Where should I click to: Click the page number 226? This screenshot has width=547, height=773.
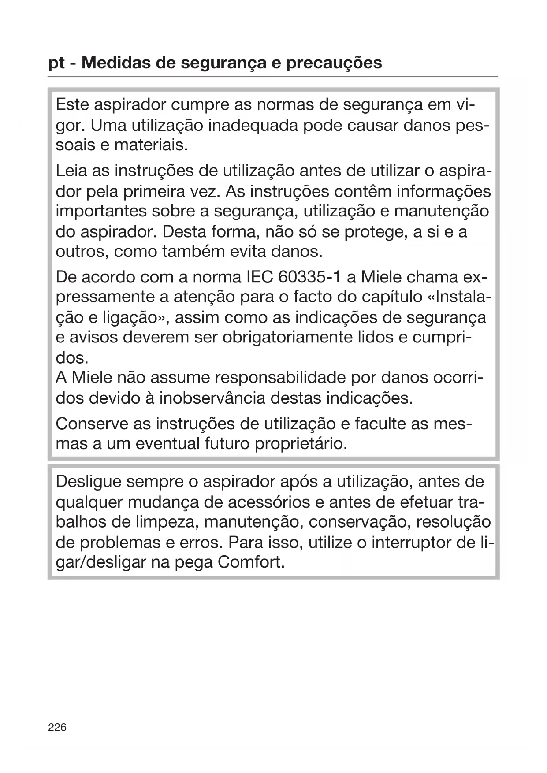(57, 727)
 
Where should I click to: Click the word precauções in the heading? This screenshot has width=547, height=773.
(334, 63)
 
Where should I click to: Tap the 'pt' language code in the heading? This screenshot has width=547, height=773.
(56, 63)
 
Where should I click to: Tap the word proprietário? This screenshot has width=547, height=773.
(301, 443)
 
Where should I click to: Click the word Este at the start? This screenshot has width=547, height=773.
(72, 105)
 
